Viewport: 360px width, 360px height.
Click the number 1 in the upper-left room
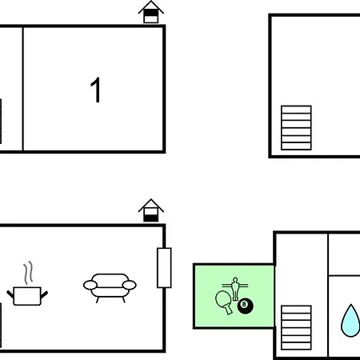pos(95,90)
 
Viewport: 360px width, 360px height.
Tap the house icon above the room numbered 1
pos(151,12)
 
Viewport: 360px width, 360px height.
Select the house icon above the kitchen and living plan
pos(151,210)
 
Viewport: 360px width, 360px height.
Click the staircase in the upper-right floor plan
pos(296,128)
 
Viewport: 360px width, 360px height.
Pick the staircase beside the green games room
pos(296,327)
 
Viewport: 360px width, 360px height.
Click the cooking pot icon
pos(27,296)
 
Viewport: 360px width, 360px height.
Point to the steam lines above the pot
pos(29,273)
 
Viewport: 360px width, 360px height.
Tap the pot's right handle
pos(44,294)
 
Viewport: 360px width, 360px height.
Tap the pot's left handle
pos(10,294)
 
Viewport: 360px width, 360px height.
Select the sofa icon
pos(110,288)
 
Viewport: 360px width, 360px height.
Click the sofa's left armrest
pos(90,285)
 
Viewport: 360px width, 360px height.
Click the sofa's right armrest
pos(130,285)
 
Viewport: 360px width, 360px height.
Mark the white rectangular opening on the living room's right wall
pos(164,268)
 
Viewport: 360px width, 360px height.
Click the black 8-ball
pos(246,306)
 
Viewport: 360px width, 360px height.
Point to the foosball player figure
pos(235,289)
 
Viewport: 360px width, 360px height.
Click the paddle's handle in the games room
pos(229,310)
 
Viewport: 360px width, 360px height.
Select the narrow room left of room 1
pos(11,89)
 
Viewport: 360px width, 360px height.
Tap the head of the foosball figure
pos(235,280)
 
